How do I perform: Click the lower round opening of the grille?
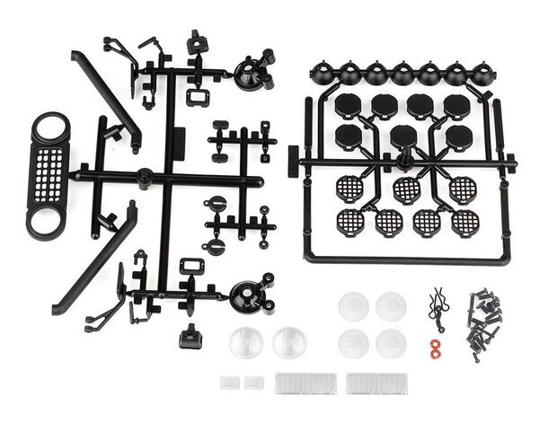tap(46, 219)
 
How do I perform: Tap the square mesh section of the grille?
tap(49, 172)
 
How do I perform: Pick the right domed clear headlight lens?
tap(288, 342)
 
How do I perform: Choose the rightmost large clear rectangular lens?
tap(376, 383)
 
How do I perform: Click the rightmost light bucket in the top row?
tap(482, 74)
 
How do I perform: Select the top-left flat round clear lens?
tap(353, 306)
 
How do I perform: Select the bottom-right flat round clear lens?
tap(391, 342)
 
